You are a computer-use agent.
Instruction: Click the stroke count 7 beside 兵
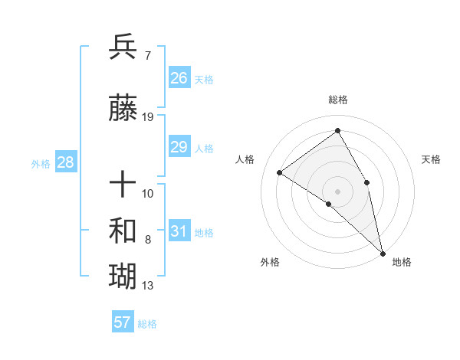(x=148, y=56)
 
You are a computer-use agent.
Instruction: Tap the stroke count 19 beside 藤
(x=148, y=117)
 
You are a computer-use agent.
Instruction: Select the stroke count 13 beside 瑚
(x=148, y=286)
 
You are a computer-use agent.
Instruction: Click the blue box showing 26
(x=179, y=77)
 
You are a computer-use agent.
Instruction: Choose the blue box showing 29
(x=179, y=147)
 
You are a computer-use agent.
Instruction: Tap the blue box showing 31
(x=179, y=231)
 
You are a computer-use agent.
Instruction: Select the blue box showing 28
(x=65, y=162)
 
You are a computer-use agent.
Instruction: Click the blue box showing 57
(x=123, y=322)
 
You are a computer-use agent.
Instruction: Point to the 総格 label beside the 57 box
(x=148, y=324)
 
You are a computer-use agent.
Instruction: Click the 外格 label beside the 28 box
(x=41, y=164)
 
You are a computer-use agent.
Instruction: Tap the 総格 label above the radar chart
(x=337, y=100)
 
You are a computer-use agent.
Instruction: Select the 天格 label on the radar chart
(x=431, y=159)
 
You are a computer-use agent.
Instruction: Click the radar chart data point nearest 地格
(x=383, y=252)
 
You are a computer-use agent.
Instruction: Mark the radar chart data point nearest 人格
(x=280, y=172)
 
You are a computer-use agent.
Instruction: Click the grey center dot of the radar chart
(x=337, y=190)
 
